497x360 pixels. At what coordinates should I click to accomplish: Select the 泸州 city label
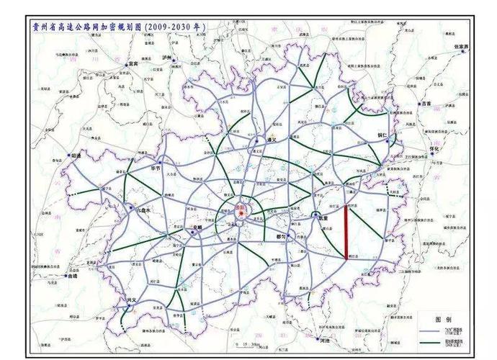point(169,57)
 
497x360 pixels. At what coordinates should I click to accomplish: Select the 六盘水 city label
point(141,210)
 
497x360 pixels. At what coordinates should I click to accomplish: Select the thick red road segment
point(348,230)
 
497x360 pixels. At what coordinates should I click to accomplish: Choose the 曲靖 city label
point(71,275)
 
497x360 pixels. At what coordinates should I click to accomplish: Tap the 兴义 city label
point(130,299)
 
